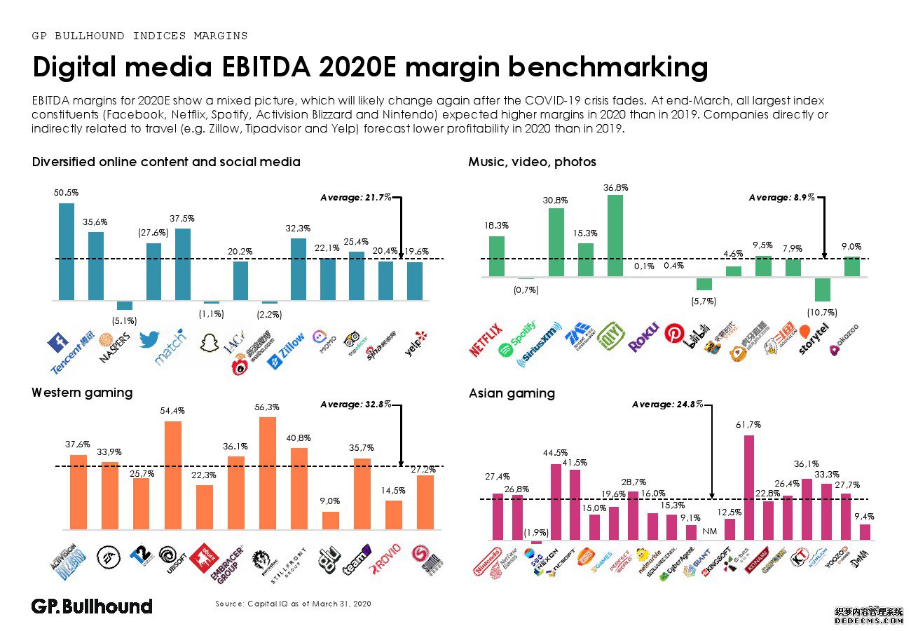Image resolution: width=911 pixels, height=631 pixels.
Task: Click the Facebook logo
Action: point(56,344)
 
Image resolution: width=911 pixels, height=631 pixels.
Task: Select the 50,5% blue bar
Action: point(67,252)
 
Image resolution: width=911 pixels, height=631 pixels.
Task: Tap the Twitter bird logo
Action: point(149,339)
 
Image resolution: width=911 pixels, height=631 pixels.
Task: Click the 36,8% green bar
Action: point(615,236)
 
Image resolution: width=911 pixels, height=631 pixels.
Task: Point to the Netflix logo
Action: point(485,339)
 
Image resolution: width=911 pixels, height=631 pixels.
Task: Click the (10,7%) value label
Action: point(823,311)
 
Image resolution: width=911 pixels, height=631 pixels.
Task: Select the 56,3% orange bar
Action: point(267,473)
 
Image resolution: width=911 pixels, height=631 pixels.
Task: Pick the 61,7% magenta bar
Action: point(748,487)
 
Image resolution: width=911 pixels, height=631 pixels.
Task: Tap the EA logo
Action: point(109,555)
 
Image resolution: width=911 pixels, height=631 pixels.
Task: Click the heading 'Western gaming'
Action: point(82,393)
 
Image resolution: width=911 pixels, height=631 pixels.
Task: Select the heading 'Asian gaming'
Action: point(512,393)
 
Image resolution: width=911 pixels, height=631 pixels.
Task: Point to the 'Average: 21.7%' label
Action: point(356,198)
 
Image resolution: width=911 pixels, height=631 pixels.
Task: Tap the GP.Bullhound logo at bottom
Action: point(92,606)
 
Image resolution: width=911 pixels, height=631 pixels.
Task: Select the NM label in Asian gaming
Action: point(709,531)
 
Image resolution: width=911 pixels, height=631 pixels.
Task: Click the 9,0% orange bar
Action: point(330,520)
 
